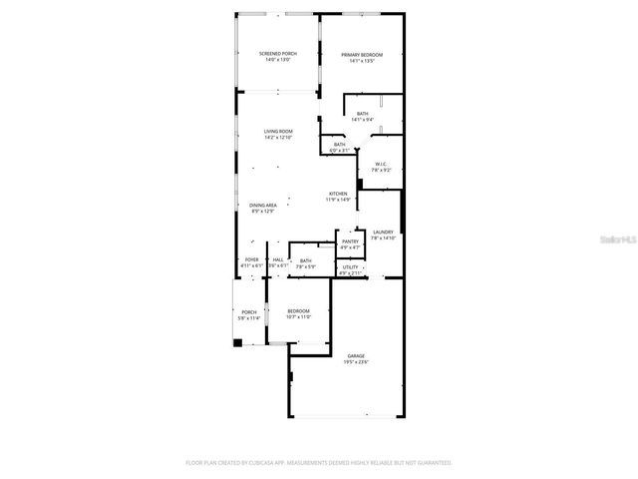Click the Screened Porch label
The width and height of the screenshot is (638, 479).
(277, 54)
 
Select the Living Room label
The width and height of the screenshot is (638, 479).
(277, 132)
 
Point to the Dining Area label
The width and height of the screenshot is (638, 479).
(263, 206)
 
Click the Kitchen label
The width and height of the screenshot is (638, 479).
(339, 194)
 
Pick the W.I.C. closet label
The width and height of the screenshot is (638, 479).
(381, 165)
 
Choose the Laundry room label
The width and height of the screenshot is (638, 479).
(384, 233)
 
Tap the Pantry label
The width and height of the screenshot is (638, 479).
(350, 241)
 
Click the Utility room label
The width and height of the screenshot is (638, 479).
(350, 267)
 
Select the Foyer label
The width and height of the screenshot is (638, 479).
(251, 260)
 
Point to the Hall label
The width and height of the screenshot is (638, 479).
(277, 260)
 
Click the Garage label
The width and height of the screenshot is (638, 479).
(355, 356)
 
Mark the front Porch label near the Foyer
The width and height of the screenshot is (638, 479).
(248, 312)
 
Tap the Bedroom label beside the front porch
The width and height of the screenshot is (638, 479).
(298, 311)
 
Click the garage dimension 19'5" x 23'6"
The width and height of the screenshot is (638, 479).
(355, 362)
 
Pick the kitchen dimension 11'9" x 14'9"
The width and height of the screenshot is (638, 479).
(339, 200)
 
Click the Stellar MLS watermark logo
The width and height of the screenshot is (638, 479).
(618, 240)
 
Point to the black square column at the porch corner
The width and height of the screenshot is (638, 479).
(237, 343)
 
